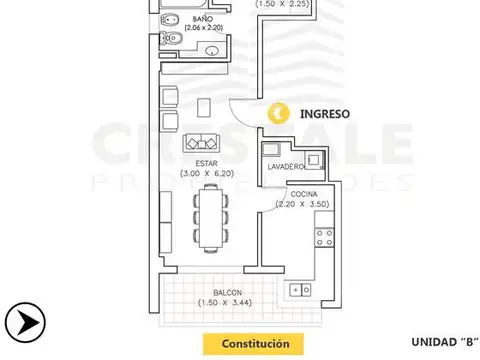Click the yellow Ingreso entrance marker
[x=284, y=114]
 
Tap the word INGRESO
[x=324, y=114]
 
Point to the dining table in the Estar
[x=210, y=218]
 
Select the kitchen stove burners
[x=324, y=238]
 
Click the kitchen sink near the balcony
[x=298, y=290]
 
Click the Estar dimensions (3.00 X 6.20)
[x=206, y=173]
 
